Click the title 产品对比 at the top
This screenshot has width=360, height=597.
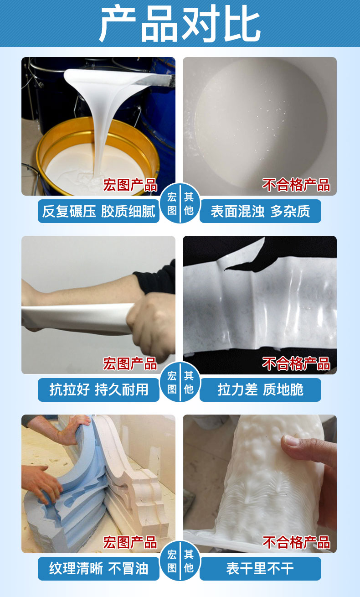click(180, 24)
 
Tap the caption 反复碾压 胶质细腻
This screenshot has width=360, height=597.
click(98, 211)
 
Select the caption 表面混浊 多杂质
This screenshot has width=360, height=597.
click(260, 211)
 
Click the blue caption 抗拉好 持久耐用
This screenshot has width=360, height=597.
click(98, 390)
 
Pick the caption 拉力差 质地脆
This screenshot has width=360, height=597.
click(260, 390)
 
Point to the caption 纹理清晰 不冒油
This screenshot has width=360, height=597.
click(98, 568)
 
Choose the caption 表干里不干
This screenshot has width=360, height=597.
click(260, 568)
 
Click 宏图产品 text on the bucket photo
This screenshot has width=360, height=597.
click(130, 185)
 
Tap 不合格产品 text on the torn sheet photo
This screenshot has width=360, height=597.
click(296, 363)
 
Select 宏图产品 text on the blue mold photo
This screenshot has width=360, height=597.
click(130, 542)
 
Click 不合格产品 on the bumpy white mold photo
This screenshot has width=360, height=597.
click(296, 542)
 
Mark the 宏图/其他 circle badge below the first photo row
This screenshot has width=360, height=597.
click(180, 204)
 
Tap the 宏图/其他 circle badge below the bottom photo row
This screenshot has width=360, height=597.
click(180, 561)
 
